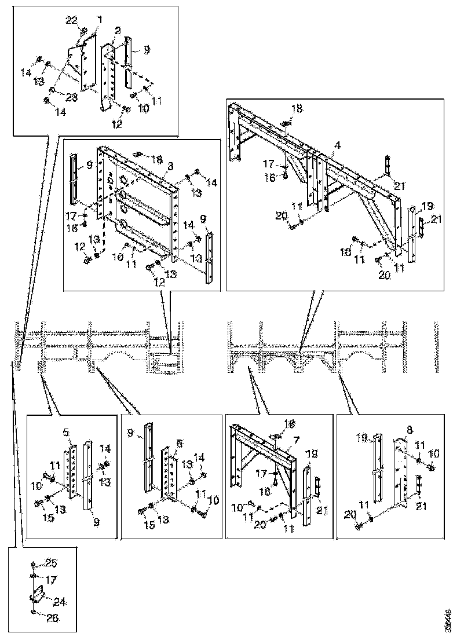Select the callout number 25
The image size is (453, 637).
[52, 563]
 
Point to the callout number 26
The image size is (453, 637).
[52, 618]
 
